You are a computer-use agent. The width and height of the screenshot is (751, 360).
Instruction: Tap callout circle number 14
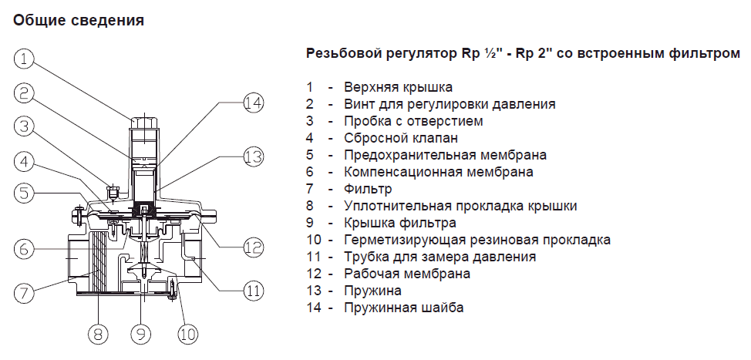254,103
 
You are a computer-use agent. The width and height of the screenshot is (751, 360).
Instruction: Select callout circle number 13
254,156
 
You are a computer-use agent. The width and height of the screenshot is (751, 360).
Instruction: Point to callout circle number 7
24,292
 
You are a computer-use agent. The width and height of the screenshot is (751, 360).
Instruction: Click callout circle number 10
187,334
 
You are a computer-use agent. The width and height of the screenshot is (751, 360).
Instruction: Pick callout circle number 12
254,247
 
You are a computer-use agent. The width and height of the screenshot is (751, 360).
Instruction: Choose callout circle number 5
24,193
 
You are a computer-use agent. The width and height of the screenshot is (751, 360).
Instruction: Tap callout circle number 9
141,334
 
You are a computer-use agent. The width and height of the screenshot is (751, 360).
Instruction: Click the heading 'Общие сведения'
79,21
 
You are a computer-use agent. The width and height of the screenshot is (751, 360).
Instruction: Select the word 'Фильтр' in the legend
368,189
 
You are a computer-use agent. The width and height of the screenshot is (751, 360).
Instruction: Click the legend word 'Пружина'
372,291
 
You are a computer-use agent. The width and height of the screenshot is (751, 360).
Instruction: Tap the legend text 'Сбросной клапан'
401,138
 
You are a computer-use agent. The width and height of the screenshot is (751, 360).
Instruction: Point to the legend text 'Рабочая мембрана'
407,274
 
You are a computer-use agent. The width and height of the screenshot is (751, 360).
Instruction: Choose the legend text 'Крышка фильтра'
400,223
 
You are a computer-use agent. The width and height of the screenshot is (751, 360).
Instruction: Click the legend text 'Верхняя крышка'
398,87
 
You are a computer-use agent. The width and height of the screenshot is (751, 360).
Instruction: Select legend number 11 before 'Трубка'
313,257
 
